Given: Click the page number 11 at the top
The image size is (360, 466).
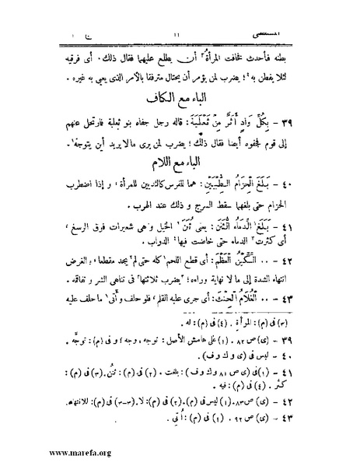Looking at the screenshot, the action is click(179, 12).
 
